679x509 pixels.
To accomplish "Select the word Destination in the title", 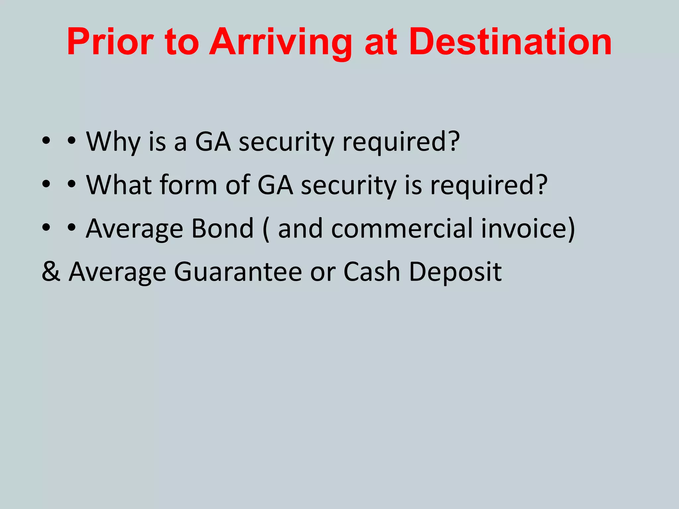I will pyautogui.click(x=510, y=42).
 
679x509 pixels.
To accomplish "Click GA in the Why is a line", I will pyautogui.click(x=213, y=142).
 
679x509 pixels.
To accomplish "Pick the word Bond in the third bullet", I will pyautogui.click(x=223, y=228).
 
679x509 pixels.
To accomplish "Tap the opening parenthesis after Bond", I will pyautogui.click(x=266, y=229).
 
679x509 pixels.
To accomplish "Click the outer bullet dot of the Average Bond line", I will pyautogui.click(x=46, y=228).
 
